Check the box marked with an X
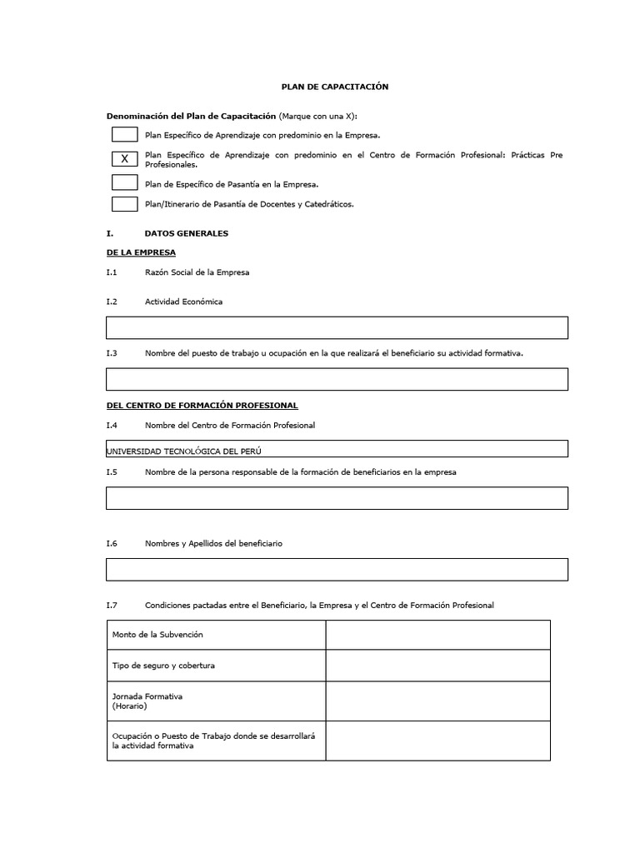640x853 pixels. tap(124, 158)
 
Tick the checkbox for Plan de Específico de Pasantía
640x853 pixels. tap(124, 182)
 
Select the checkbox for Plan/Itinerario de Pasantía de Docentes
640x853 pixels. tap(124, 204)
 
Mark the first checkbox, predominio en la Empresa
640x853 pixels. tap(124, 134)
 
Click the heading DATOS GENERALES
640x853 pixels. tap(186, 234)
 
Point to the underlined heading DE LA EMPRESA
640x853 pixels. tap(141, 252)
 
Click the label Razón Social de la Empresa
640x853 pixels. tap(197, 272)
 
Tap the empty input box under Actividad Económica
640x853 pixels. tap(337, 327)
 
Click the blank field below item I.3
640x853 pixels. tap(337, 379)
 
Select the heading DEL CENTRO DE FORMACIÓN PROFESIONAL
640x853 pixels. tap(202, 405)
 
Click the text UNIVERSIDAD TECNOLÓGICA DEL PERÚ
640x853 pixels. tap(190, 451)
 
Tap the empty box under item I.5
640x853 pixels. tap(337, 498)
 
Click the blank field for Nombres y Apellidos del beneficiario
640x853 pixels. tap(337, 569)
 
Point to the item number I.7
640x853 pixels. tap(112, 605)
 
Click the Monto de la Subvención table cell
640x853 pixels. tap(216, 635)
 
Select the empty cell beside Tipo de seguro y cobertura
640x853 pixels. tap(437, 666)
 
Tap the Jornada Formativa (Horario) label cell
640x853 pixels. tap(216, 701)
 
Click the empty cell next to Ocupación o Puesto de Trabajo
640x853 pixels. tap(437, 741)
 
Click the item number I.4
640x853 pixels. tap(112, 426)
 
